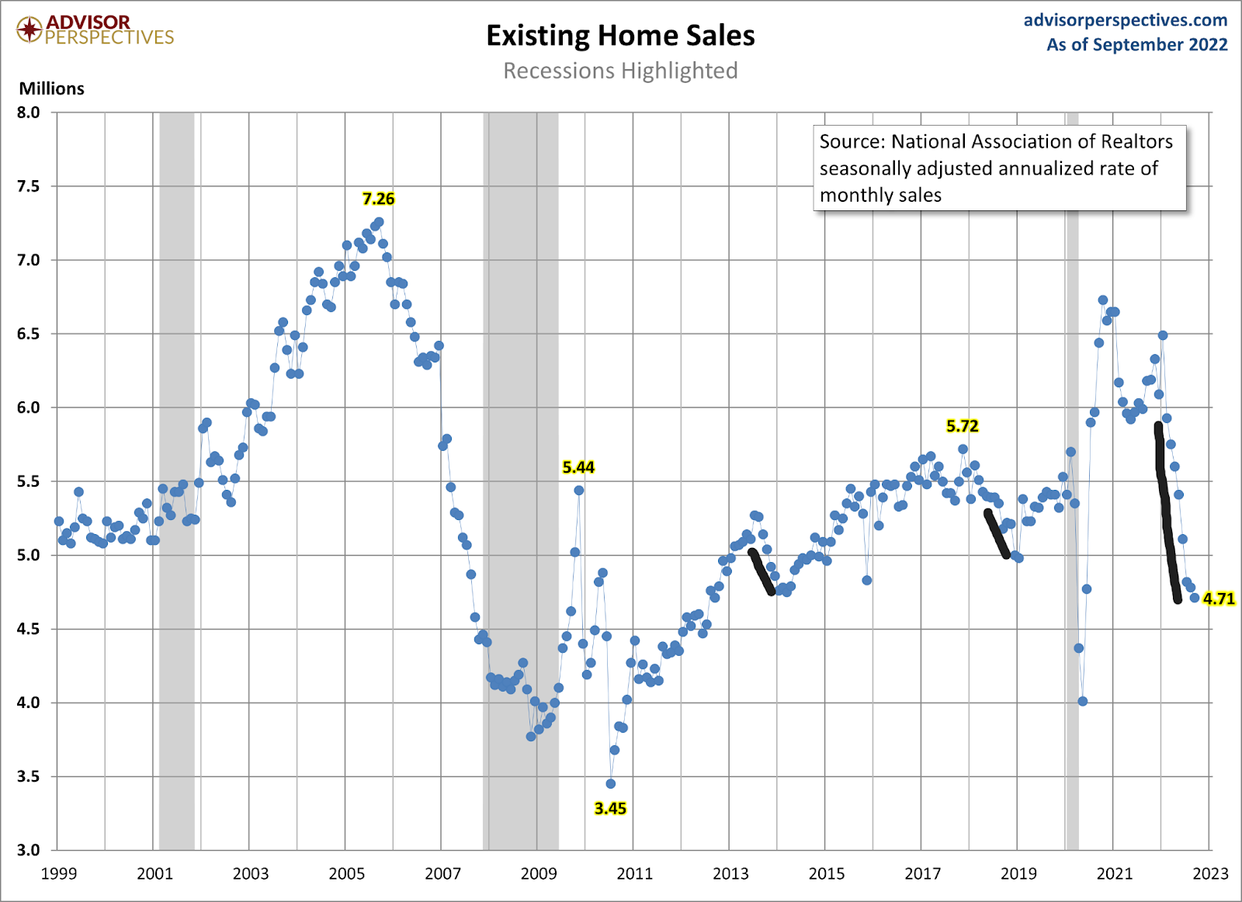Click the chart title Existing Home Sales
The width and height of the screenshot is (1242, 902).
[x=620, y=36]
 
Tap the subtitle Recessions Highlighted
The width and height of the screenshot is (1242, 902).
[x=620, y=71]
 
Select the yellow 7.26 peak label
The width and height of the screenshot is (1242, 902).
[x=379, y=199]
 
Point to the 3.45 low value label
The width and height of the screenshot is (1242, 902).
[x=610, y=808]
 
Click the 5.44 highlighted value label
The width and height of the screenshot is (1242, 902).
[x=578, y=467]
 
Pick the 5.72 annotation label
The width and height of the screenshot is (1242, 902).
[x=962, y=426]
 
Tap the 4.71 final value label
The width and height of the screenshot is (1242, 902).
[x=1219, y=598]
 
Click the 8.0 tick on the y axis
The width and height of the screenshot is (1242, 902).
[x=28, y=113]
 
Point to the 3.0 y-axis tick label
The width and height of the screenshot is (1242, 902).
[x=28, y=850]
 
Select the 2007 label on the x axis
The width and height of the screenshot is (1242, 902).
[x=442, y=874]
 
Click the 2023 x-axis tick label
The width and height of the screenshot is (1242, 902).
[x=1210, y=874]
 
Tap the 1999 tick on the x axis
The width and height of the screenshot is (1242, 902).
[x=59, y=874]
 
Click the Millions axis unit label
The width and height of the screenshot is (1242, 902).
[x=51, y=88]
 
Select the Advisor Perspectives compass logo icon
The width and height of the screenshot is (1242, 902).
[x=29, y=30]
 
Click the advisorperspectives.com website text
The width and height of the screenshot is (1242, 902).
[x=1125, y=20]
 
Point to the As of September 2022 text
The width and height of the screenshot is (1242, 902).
[x=1136, y=45]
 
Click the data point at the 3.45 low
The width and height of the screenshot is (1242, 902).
[x=611, y=784]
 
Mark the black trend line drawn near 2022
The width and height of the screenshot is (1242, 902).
[x=1167, y=512]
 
